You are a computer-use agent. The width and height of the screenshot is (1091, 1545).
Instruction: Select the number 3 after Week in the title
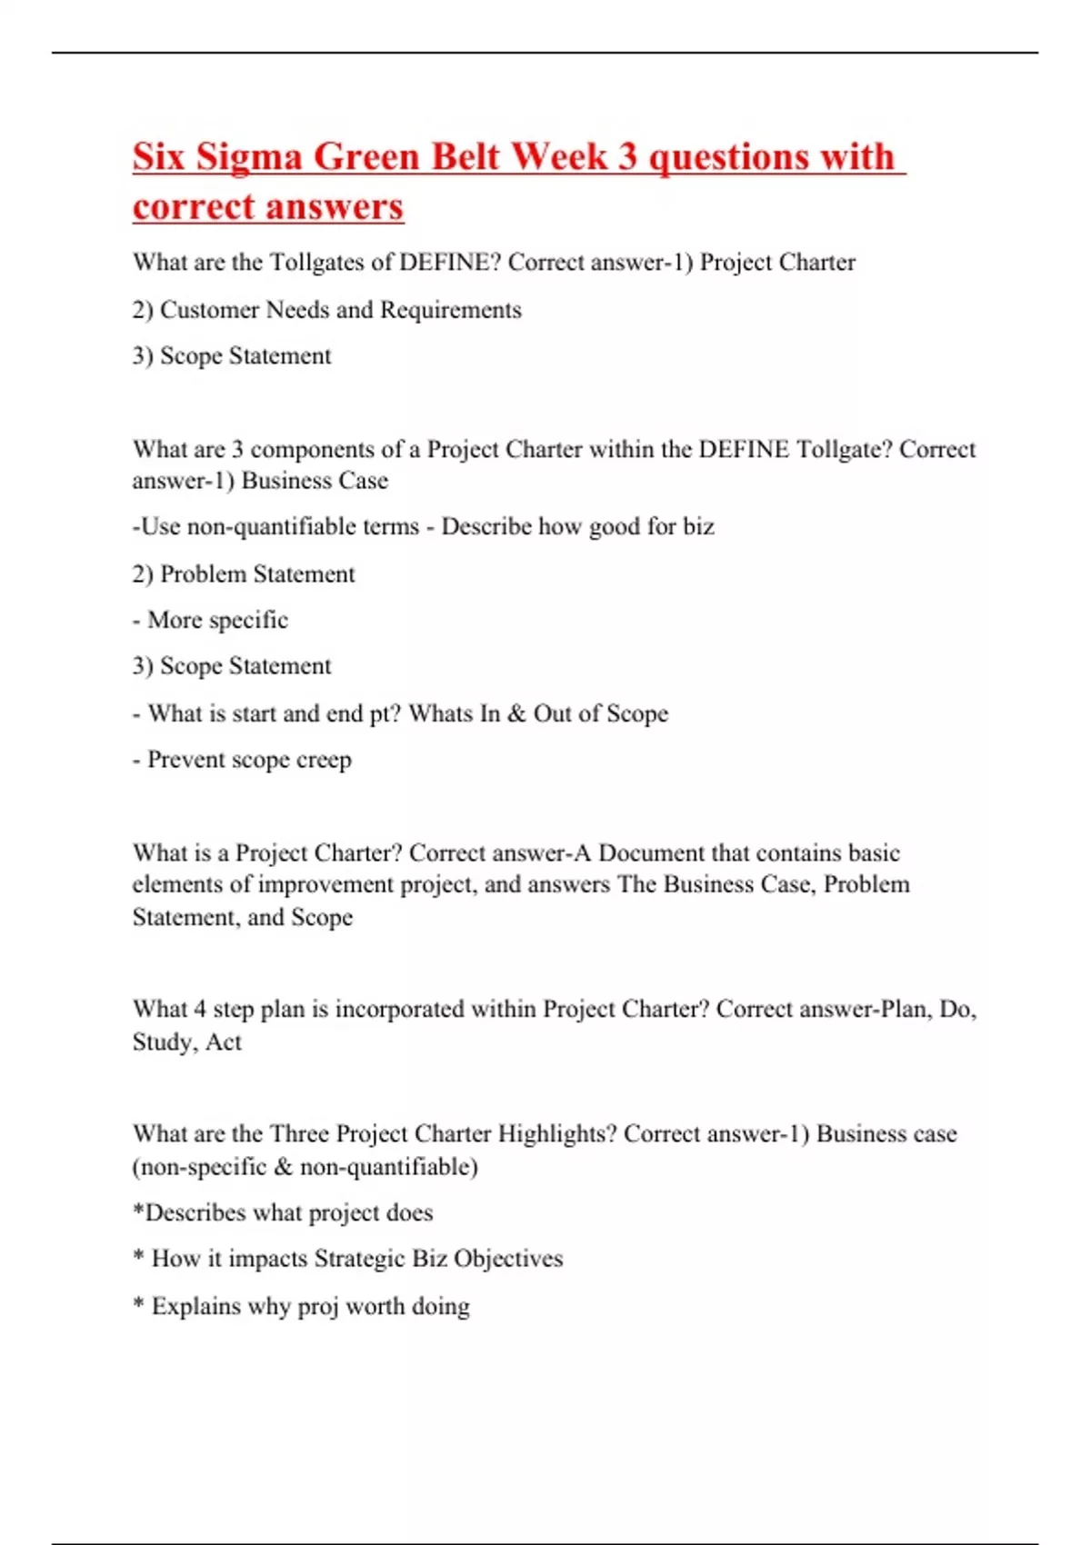[627, 157]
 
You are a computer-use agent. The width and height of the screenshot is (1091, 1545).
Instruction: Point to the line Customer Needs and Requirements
[327, 310]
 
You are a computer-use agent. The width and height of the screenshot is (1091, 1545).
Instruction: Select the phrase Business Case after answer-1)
[315, 481]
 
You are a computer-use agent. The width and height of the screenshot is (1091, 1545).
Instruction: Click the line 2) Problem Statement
[244, 574]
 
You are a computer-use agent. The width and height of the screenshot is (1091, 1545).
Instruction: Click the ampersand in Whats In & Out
[516, 714]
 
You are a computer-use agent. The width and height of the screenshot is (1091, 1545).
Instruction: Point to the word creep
[324, 760]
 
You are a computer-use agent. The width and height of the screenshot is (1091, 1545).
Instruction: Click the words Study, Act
[187, 1042]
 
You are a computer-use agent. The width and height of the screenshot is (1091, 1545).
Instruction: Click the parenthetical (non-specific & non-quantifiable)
[305, 1167]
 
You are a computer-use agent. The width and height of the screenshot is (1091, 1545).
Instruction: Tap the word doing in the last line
[441, 1307]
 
